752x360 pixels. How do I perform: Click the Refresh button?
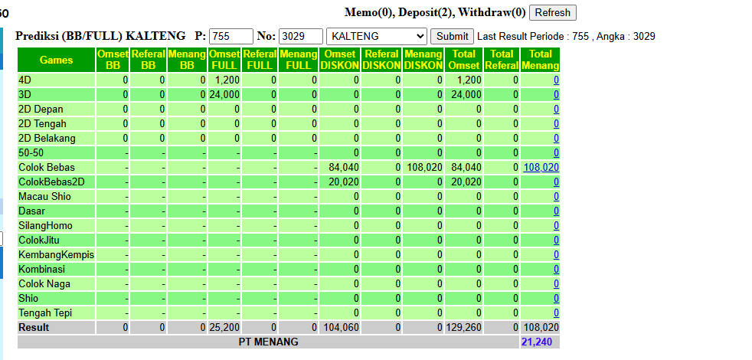click(x=552, y=12)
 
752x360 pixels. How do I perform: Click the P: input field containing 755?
click(x=231, y=37)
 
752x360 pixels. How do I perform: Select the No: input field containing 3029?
click(x=301, y=37)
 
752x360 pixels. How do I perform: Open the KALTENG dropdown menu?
click(x=377, y=37)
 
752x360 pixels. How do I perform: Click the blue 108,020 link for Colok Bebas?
click(x=541, y=168)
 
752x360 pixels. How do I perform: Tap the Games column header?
click(x=56, y=60)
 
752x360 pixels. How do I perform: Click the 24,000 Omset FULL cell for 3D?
click(x=224, y=94)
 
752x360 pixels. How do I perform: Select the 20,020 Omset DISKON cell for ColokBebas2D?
click(x=344, y=182)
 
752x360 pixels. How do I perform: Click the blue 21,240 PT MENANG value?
click(x=537, y=342)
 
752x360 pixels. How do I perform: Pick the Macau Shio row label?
click(x=44, y=196)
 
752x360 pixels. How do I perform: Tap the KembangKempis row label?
click(x=56, y=254)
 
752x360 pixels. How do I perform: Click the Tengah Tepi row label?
click(x=45, y=313)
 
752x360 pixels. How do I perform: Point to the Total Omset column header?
click(x=464, y=60)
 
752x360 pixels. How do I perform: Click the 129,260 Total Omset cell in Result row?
click(x=464, y=328)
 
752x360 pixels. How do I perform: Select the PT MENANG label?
click(x=268, y=342)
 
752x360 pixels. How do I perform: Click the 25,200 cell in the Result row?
click(x=224, y=328)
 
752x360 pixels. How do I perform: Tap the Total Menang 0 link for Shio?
click(x=556, y=299)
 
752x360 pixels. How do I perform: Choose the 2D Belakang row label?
click(x=47, y=138)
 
